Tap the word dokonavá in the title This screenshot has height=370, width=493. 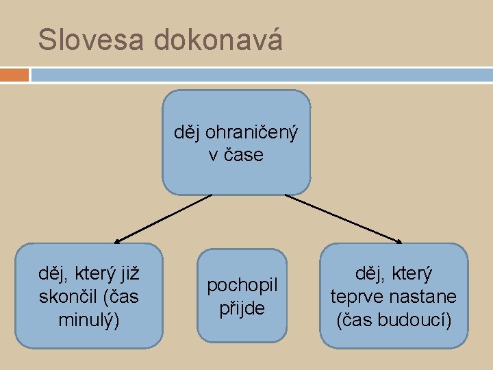tap(218, 40)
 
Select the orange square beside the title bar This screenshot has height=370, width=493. tap(14, 74)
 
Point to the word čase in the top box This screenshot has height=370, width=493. tap(243, 155)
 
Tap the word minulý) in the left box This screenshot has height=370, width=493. tap(90, 319)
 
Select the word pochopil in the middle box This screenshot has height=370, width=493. tap(242, 284)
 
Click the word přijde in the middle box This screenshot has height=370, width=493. tap(242, 308)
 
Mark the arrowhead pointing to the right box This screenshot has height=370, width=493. tap(399, 241)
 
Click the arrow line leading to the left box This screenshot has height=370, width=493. tap(164, 218)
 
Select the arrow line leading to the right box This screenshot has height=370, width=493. tap(342, 218)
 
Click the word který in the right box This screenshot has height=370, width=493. tap(410, 275)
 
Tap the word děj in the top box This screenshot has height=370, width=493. tap(187, 132)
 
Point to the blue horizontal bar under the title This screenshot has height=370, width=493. tap(260, 74)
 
